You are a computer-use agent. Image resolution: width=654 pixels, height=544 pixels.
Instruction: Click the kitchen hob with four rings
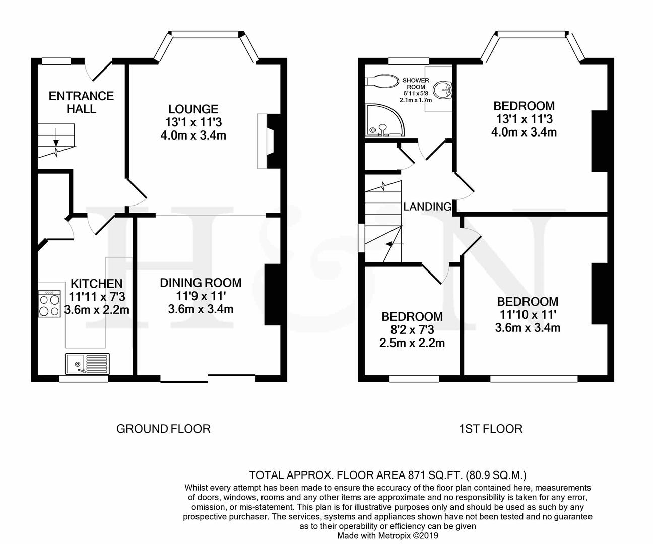(49, 303)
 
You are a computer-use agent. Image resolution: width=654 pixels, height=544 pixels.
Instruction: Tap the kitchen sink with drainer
(87, 364)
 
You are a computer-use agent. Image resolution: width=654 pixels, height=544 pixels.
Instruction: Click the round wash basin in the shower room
(443, 89)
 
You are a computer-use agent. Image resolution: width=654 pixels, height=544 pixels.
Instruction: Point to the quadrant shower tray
(384, 120)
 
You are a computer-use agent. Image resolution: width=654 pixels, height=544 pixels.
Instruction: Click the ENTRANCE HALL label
(81, 102)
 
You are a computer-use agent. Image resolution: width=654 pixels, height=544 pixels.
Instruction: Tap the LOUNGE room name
(193, 109)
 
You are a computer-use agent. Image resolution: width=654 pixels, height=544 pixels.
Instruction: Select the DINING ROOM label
(201, 283)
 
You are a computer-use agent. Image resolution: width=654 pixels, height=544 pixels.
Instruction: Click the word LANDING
(428, 207)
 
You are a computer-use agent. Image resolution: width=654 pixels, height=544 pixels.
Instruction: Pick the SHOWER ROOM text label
(416, 84)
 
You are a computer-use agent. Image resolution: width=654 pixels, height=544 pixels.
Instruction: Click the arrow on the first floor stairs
(394, 244)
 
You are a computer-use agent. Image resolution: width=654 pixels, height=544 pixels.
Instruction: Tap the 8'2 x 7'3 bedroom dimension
(412, 330)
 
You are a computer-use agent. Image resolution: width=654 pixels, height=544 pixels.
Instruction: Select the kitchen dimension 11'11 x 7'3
(97, 296)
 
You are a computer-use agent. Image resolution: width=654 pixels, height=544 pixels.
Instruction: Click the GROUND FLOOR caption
(163, 429)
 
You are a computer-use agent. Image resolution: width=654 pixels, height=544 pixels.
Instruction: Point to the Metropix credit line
(387, 536)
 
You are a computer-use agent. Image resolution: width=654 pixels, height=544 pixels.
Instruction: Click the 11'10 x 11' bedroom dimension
(528, 314)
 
